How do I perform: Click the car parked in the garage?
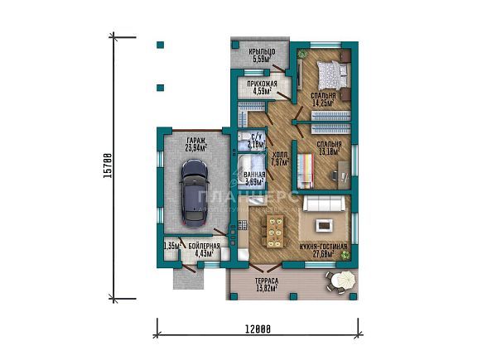coord(194,193)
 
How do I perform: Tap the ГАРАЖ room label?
coord(195,142)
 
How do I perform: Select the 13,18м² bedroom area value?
coord(329,151)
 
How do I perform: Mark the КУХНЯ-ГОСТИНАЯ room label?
coord(323,247)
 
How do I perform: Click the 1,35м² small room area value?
coord(171,247)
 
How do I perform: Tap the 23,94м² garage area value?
coord(195,149)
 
